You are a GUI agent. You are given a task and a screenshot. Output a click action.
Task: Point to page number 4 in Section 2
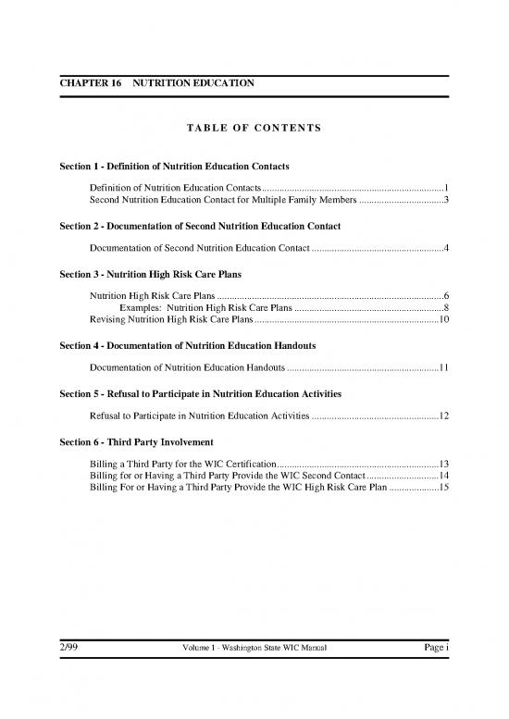coord(446,248)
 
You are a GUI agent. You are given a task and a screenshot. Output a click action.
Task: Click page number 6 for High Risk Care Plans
coord(446,296)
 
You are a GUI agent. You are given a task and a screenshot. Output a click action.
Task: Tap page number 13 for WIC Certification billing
coord(443,464)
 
